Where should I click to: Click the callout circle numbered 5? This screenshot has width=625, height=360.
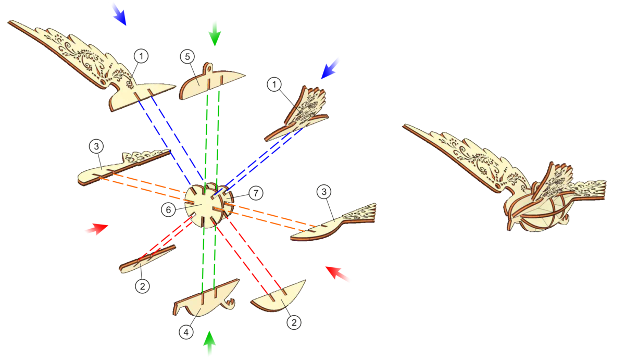187,57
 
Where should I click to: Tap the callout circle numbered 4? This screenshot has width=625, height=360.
186,332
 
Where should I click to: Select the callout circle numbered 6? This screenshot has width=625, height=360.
169,209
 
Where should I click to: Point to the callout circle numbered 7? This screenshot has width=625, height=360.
256,193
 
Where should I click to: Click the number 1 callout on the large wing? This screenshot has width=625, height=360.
141,56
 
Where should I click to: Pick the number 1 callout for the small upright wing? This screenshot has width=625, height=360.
274,84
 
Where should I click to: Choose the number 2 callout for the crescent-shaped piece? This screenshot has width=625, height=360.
294,322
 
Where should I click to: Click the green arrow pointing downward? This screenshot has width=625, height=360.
215,33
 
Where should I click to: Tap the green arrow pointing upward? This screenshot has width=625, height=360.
209,343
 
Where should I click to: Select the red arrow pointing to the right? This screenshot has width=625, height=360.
96,229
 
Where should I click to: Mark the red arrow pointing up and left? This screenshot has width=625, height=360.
337,274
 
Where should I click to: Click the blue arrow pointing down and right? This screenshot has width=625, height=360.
119,14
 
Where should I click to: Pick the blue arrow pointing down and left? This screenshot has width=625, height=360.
330,68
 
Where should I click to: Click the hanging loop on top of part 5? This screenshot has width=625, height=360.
208,67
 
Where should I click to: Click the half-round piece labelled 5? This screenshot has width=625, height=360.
212,81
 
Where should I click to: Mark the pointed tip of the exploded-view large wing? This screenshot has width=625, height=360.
9,22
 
